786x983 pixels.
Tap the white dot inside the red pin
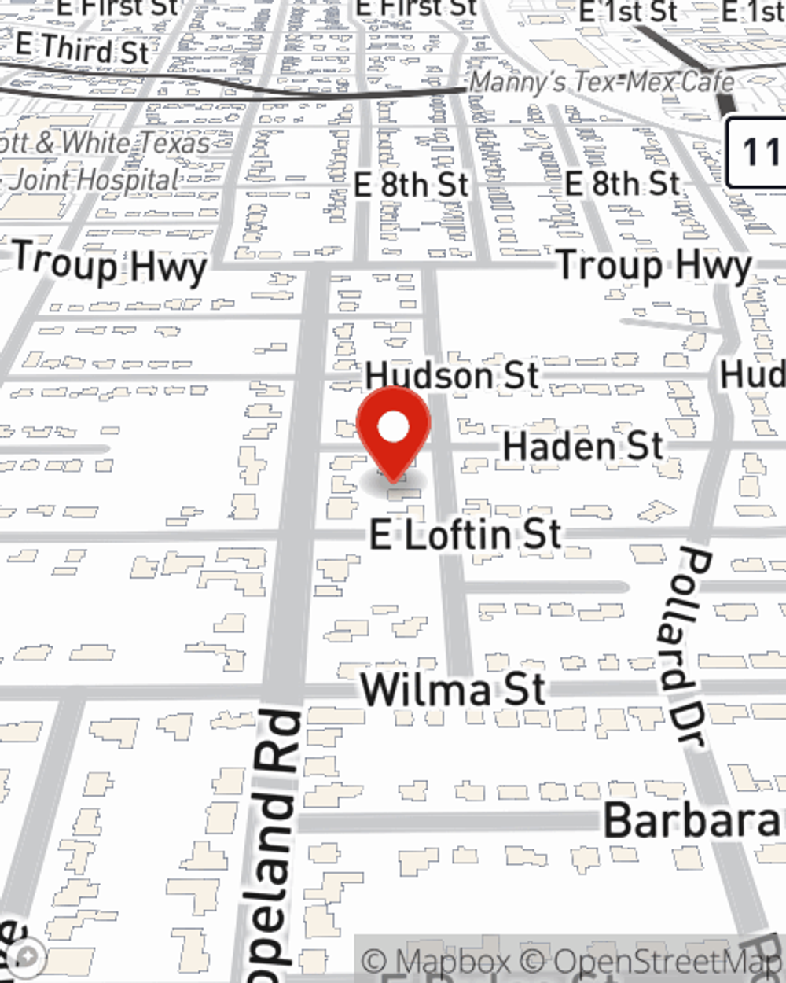(394, 428)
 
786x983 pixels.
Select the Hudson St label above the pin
(452, 376)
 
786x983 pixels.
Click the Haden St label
(582, 447)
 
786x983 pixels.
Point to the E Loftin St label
(465, 535)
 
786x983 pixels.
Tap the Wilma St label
(453, 690)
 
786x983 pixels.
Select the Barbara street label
(692, 820)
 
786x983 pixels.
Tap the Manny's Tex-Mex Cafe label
(602, 82)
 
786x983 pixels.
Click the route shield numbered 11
(758, 152)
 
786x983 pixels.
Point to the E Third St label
(82, 49)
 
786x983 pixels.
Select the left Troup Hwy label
(109, 264)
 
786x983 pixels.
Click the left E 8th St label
(410, 186)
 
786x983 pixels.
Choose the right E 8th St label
(622, 184)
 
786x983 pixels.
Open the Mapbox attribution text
(437, 961)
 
